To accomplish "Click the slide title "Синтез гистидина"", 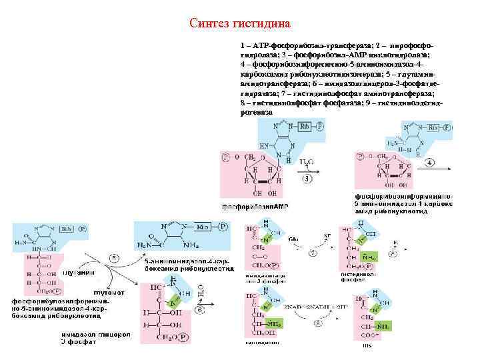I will click(240, 24).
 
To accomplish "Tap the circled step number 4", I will click(430, 162).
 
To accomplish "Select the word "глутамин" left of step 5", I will click(78, 272).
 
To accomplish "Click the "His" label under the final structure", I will click(367, 345).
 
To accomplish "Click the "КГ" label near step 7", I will click(327, 237).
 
